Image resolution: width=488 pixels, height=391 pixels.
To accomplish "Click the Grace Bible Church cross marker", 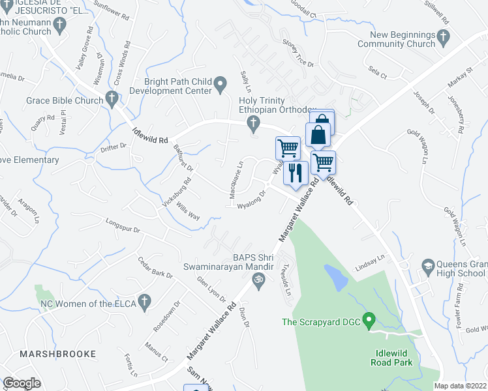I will (x=112, y=100).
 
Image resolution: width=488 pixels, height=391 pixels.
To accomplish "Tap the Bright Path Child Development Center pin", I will (x=221, y=83).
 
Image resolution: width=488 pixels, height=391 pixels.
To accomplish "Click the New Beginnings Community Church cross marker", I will (x=444, y=38).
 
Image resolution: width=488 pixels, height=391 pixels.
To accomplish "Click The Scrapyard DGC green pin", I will (x=369, y=321).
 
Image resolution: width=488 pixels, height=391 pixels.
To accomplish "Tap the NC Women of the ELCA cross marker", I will (x=144, y=302).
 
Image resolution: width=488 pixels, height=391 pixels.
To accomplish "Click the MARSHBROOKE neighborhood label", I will (x=57, y=354).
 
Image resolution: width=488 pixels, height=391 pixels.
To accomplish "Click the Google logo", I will (x=22, y=383).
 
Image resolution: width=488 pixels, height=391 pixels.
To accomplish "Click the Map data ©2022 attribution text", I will (x=461, y=386).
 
